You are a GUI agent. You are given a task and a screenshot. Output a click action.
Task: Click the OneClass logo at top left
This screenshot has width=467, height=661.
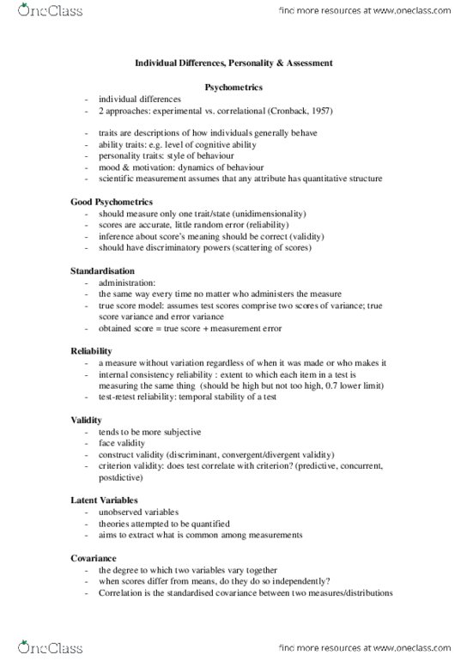[x=35, y=14]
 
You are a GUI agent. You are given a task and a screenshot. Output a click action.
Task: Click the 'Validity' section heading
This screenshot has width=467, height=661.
[x=88, y=420]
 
